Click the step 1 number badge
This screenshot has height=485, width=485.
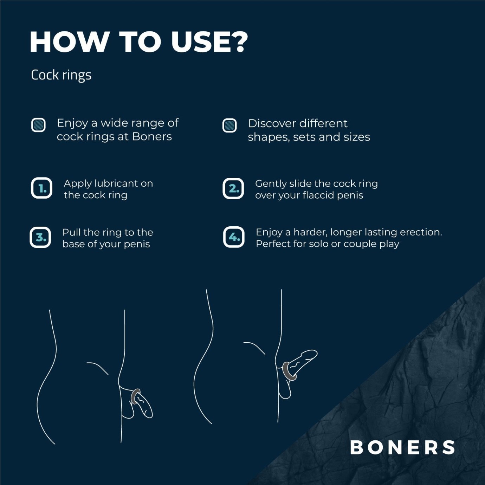point(41,188)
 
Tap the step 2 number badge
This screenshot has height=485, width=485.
point(233,189)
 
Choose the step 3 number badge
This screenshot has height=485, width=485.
point(40,238)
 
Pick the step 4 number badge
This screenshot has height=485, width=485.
point(234,237)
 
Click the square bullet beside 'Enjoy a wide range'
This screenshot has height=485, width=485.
point(38,125)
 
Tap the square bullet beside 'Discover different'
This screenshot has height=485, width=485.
point(229,125)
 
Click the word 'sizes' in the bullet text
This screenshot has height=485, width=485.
point(357,137)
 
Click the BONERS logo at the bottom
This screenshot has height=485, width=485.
point(402,447)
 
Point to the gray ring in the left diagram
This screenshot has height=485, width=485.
point(135,396)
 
